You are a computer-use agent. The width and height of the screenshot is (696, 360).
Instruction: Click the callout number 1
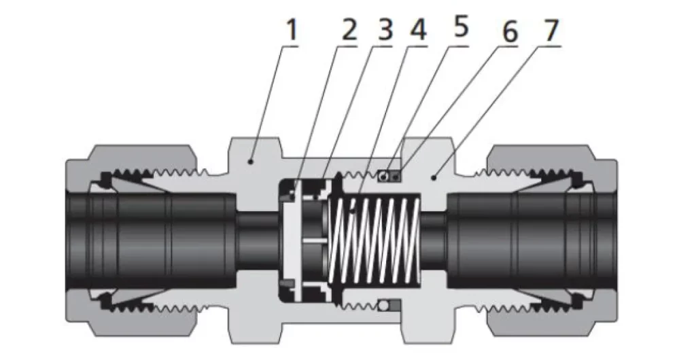click(x=291, y=31)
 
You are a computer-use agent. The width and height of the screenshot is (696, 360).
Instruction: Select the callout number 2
click(x=349, y=31)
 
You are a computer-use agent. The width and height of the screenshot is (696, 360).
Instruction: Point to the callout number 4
click(x=419, y=31)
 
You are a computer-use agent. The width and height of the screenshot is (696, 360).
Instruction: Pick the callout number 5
click(x=461, y=29)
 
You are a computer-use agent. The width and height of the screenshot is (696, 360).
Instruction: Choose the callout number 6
click(x=510, y=31)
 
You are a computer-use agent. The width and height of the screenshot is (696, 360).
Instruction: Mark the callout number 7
click(x=551, y=30)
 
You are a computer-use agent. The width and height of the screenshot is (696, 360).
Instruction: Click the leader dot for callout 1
click(x=251, y=162)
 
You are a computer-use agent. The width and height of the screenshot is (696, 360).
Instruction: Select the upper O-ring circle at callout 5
click(x=384, y=177)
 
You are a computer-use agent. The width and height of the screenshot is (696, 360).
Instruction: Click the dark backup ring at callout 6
click(x=395, y=177)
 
